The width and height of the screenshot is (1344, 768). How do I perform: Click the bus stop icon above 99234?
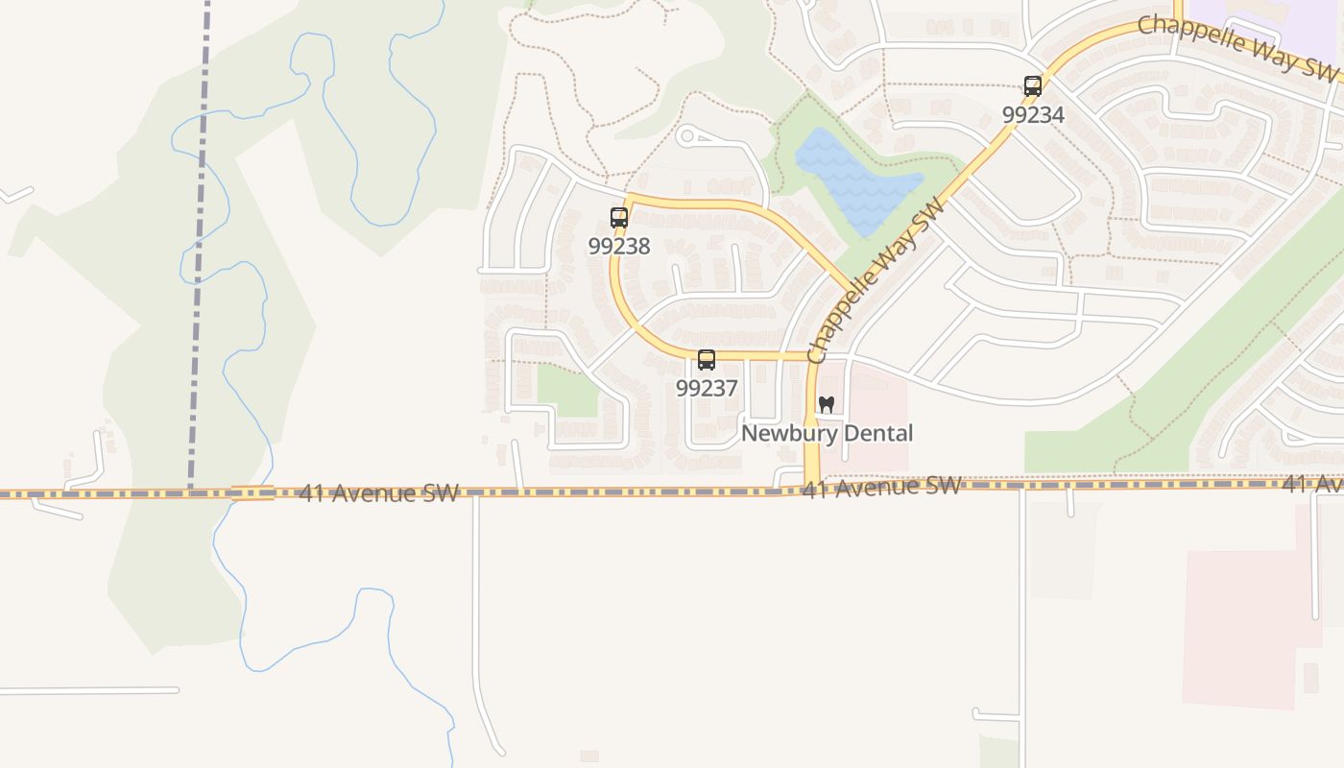[1033, 86]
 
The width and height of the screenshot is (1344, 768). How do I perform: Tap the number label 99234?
[1033, 115]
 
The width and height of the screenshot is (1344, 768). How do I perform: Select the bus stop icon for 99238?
[619, 218]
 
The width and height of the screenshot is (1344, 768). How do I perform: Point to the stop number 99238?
[619, 247]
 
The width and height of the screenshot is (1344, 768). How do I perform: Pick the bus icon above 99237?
[707, 360]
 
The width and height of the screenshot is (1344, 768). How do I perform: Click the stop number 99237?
[707, 389]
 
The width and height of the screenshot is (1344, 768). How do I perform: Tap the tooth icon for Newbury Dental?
[827, 405]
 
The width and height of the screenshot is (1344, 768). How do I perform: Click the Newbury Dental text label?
[827, 434]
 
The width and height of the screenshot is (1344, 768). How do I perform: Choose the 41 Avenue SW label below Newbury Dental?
[881, 488]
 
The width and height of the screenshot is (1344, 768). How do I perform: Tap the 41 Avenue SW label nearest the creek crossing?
[378, 493]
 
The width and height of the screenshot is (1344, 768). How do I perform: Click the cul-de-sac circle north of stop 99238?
[685, 136]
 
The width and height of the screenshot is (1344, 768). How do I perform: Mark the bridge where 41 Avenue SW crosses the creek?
[252, 493]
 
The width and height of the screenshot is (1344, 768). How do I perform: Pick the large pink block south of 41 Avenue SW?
[1238, 624]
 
